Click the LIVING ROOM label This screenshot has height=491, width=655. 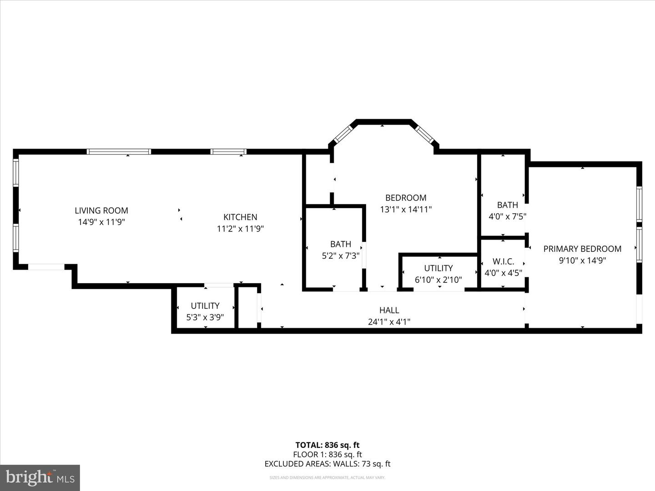point(101,210)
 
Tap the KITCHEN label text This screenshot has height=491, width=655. point(240,217)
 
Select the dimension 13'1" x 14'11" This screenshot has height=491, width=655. point(405,210)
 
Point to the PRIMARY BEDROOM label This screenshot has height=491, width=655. point(582,249)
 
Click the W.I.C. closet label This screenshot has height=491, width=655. point(503,261)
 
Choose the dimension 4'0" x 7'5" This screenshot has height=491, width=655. point(507,217)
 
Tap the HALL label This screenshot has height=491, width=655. point(389,310)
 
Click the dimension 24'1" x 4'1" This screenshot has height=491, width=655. point(389,322)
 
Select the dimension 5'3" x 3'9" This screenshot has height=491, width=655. point(205,317)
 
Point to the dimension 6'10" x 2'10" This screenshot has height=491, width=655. point(438,280)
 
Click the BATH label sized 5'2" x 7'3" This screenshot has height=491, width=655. point(341,244)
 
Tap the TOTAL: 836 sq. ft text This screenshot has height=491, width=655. point(327,445)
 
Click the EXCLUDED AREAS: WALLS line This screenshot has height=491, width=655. point(327,464)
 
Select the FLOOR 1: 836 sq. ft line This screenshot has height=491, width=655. point(327,454)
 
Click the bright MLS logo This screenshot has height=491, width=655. point(40,477)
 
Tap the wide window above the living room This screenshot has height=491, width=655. point(119,151)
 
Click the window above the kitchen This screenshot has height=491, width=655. point(228,151)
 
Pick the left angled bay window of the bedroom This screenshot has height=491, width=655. point(343,134)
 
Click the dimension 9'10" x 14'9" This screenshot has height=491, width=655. point(582,261)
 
